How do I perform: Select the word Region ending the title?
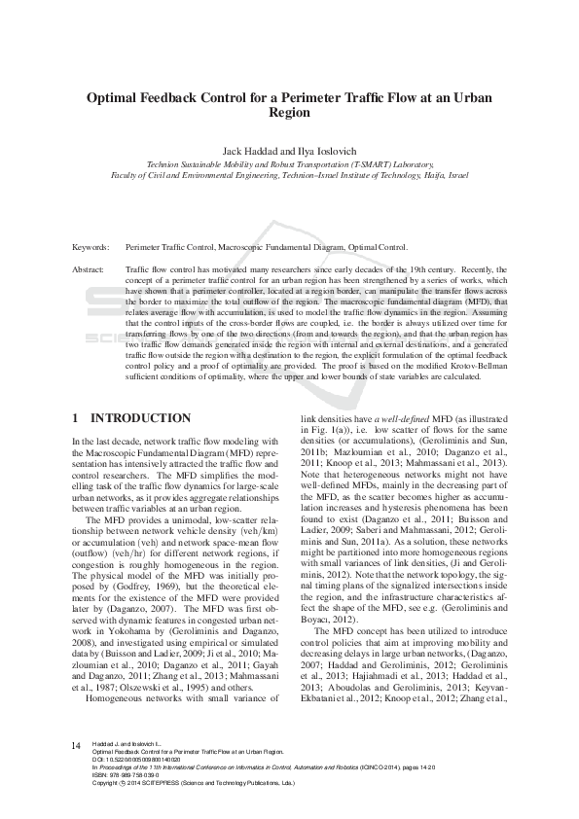(289, 112)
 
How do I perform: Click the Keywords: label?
(90, 249)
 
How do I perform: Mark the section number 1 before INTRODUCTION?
(76, 418)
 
